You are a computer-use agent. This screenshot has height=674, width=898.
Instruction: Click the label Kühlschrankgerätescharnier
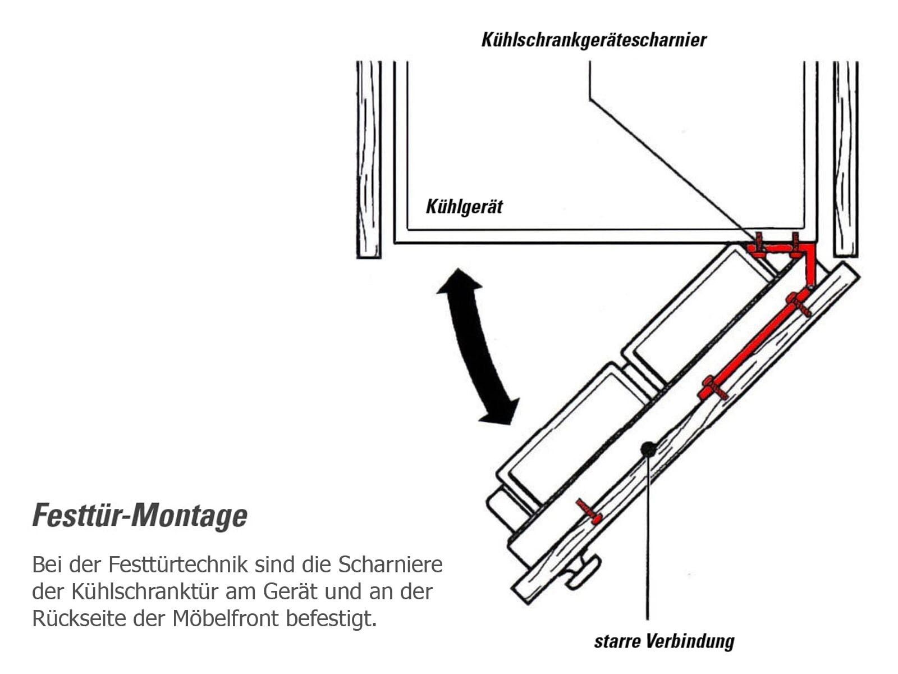594,40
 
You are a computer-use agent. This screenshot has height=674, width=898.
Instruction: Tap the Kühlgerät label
464,207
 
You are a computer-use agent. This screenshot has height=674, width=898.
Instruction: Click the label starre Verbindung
664,641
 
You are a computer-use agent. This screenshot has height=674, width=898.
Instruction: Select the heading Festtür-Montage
140,516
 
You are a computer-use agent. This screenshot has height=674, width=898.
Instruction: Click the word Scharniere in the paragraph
391,564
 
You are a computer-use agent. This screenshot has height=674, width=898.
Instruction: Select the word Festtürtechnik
178,564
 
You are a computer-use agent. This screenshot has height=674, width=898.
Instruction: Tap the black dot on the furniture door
648,450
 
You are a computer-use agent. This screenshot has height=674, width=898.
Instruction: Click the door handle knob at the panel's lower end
583,572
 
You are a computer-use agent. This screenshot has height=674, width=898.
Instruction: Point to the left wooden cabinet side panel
369,160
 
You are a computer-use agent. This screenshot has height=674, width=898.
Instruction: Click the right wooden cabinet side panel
846,159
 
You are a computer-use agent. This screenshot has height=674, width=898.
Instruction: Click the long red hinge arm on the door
754,344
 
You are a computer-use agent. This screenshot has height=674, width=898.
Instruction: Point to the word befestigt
331,619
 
